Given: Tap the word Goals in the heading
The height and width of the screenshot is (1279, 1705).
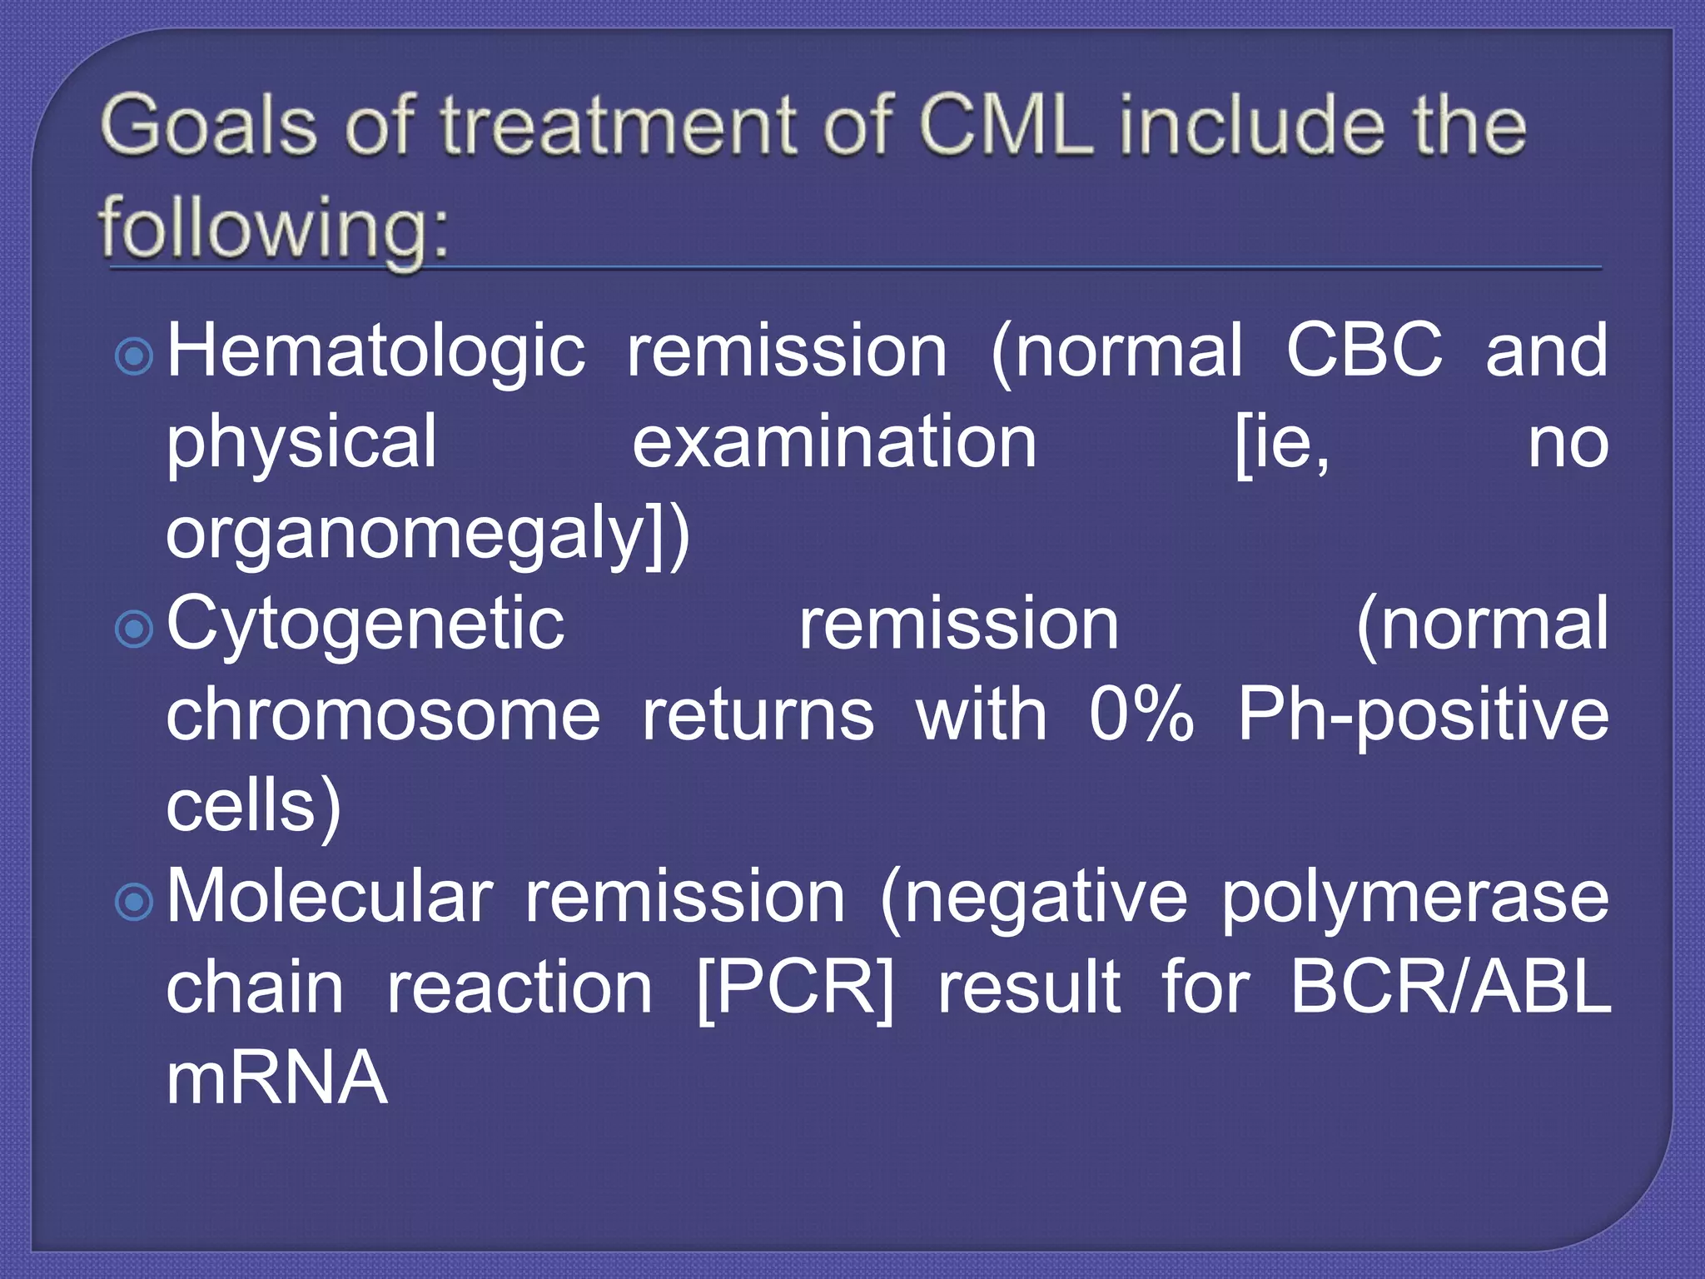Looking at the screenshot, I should click(x=209, y=127).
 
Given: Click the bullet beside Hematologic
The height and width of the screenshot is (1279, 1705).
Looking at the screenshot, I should click(x=134, y=356).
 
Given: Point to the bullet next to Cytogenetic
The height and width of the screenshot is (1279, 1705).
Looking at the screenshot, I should click(x=134, y=630).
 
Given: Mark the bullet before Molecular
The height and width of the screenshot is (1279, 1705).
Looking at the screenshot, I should click(x=134, y=902).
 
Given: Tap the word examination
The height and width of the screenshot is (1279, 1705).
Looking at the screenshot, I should click(x=834, y=442).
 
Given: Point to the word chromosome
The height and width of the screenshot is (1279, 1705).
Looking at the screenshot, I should click(x=383, y=715).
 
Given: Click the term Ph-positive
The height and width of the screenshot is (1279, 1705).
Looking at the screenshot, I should click(x=1423, y=717).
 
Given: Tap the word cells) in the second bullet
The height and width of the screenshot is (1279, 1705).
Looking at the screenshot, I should click(x=253, y=806).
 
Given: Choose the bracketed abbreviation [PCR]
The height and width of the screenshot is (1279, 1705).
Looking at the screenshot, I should click(x=794, y=989).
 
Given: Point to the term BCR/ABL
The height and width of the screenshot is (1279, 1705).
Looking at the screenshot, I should click(x=1450, y=989).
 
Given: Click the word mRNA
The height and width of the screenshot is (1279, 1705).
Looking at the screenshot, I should click(x=276, y=1078).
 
